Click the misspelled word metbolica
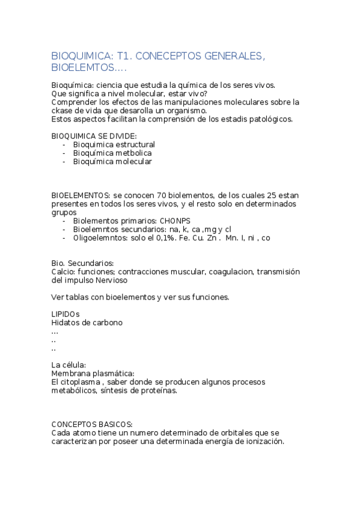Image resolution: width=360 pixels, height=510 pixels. click(x=132, y=153)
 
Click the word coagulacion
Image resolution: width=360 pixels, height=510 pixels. click(x=231, y=272)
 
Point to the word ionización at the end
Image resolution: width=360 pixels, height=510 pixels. click(x=261, y=441)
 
